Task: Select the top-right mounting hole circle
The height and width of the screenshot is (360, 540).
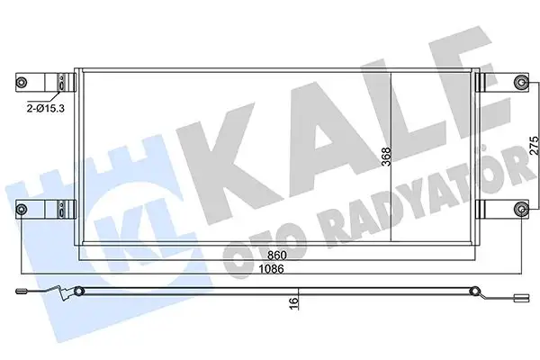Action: pyautogui.click(x=519, y=84)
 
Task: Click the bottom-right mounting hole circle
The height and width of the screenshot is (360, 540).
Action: pyautogui.click(x=519, y=211)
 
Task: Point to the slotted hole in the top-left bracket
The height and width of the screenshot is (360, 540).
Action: pyautogui.click(x=60, y=83)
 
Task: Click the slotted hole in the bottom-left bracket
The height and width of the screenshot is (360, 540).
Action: pyautogui.click(x=60, y=211)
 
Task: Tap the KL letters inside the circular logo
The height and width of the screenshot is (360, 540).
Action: pyautogui.click(x=135, y=229)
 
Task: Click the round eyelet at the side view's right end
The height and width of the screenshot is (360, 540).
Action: pyautogui.click(x=476, y=290)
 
